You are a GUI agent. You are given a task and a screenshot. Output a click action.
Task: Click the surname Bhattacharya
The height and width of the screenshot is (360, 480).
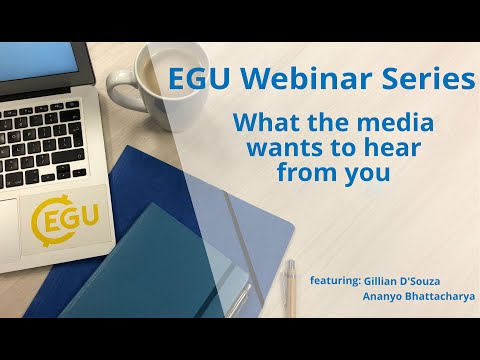click(437, 297)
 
